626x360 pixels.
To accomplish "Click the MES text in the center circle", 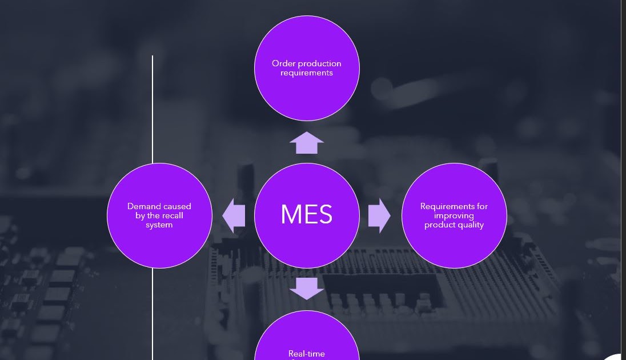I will pos(306,214).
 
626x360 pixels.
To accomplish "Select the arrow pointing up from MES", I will pos(307,143).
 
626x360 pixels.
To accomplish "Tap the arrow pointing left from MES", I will pos(234,215).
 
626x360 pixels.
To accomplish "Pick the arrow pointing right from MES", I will pos(379,215).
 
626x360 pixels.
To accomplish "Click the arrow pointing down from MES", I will pos(307,288).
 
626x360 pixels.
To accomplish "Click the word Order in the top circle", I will pos(283,63).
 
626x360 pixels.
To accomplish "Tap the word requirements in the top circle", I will pos(307,73).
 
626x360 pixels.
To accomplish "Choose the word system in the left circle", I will pos(159,225).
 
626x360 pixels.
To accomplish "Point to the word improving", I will pos(454,215).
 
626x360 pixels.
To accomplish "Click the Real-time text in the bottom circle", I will pos(307,354).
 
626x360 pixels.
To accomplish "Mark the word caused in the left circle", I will pos(178,206).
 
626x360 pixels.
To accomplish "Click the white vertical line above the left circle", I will pos(153,109).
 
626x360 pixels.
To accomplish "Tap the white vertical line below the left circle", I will pos(153,314).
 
